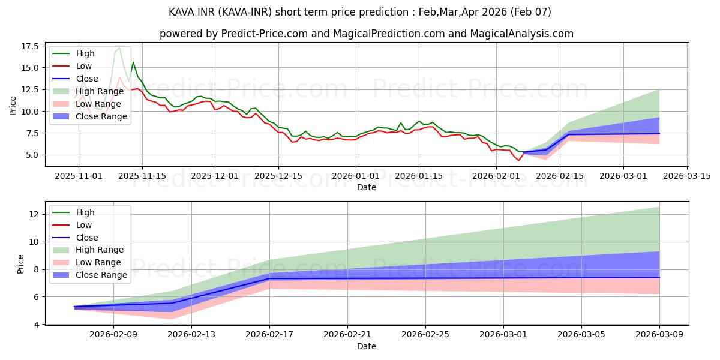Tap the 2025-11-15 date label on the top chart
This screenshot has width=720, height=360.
tap(142, 176)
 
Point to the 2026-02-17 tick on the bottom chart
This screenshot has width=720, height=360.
tap(269, 335)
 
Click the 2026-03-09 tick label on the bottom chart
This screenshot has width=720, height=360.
tap(659, 335)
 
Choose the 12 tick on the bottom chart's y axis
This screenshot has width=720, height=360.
tap(35, 214)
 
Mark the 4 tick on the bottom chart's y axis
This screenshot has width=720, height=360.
tap(37, 325)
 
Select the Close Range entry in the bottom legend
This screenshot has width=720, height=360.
tap(101, 275)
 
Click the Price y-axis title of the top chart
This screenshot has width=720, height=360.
tap(13, 106)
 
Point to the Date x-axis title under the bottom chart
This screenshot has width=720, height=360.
tap(367, 346)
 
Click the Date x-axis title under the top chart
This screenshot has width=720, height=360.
tap(367, 187)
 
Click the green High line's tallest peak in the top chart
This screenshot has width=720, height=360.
tap(119, 47)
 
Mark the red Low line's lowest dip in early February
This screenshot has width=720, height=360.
tap(519, 160)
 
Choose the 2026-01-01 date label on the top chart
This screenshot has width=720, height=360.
tap(356, 176)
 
